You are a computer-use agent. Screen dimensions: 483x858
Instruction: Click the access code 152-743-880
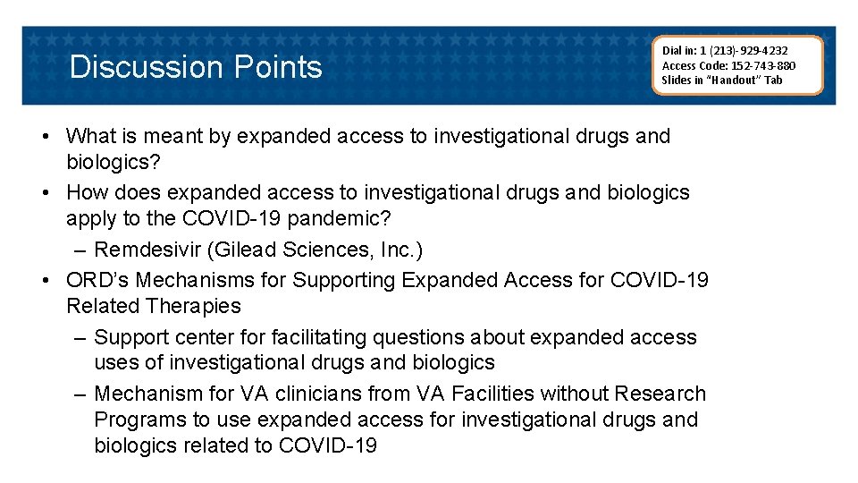click(x=764, y=64)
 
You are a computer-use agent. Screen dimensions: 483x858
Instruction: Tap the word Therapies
click(x=196, y=306)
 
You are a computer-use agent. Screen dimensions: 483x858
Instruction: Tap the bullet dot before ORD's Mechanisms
click(x=46, y=280)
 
